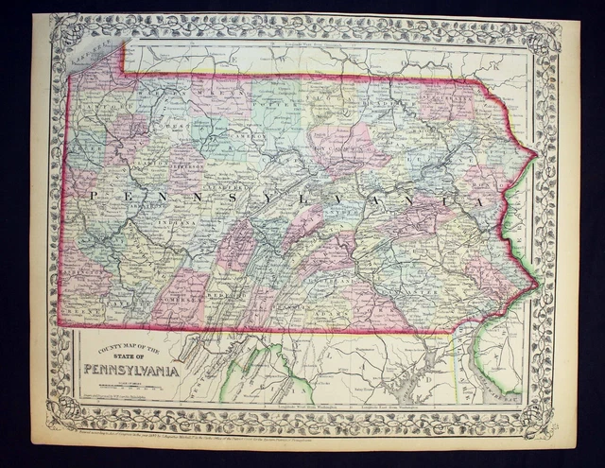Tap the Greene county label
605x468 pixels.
tap(82, 307)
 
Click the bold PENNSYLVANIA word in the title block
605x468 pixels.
tap(132, 368)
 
